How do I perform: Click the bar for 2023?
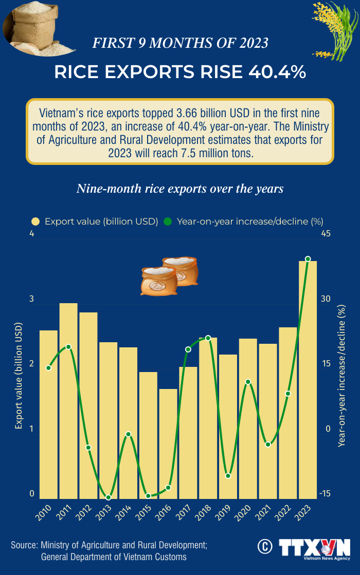308,380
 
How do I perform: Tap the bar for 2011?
68,401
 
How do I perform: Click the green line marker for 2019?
228,476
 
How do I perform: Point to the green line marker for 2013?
109,497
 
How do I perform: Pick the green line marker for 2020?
248,382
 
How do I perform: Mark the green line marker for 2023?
308,259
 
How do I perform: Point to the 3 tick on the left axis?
31,299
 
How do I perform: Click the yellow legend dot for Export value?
35,221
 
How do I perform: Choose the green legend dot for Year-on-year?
168,221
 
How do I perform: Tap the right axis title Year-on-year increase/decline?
341,376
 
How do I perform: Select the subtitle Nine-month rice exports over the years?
180,189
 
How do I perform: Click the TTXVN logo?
314,548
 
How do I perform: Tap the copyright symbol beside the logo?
265,547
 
